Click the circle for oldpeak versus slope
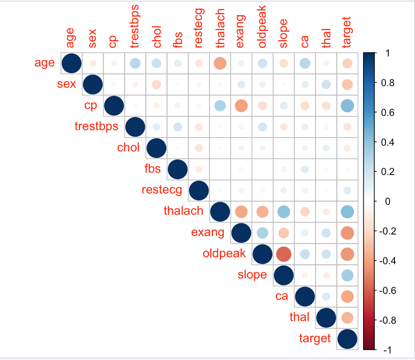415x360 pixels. click(283, 254)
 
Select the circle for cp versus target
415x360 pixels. click(347, 105)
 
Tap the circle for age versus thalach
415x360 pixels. click(220, 63)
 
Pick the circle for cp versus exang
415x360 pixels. click(241, 105)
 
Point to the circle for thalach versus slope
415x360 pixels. click(283, 211)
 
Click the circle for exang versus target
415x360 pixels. click(347, 233)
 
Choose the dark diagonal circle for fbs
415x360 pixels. click(177, 169)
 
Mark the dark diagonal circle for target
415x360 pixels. click(347, 339)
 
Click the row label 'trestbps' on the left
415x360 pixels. click(96, 126)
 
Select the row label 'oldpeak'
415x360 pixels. click(224, 253)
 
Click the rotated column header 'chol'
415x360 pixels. click(156, 37)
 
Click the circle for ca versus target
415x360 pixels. click(347, 296)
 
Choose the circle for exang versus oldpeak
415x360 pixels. click(262, 233)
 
